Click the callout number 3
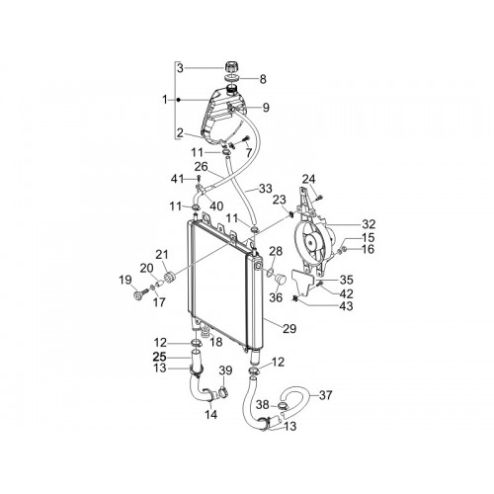(x=180, y=68)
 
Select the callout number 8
(x=263, y=79)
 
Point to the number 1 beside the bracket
(x=165, y=100)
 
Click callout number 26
(x=201, y=167)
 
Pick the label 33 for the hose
(x=266, y=189)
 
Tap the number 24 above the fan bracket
(x=309, y=180)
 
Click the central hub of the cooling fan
(x=310, y=242)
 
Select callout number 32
(x=369, y=224)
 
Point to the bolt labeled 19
(x=139, y=293)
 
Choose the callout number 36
(x=276, y=297)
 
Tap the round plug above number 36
(x=280, y=279)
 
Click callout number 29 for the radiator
(x=289, y=328)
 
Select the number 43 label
(x=346, y=306)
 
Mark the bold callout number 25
(x=160, y=357)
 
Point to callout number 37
(x=325, y=395)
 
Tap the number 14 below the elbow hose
(x=210, y=415)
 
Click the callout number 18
(x=216, y=342)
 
